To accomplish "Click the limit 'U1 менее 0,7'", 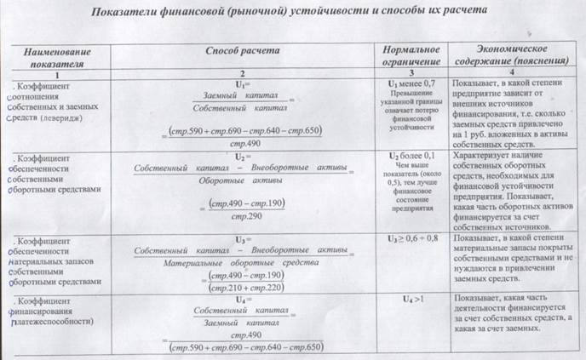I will [405, 85].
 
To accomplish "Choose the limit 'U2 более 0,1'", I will [405, 157].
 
